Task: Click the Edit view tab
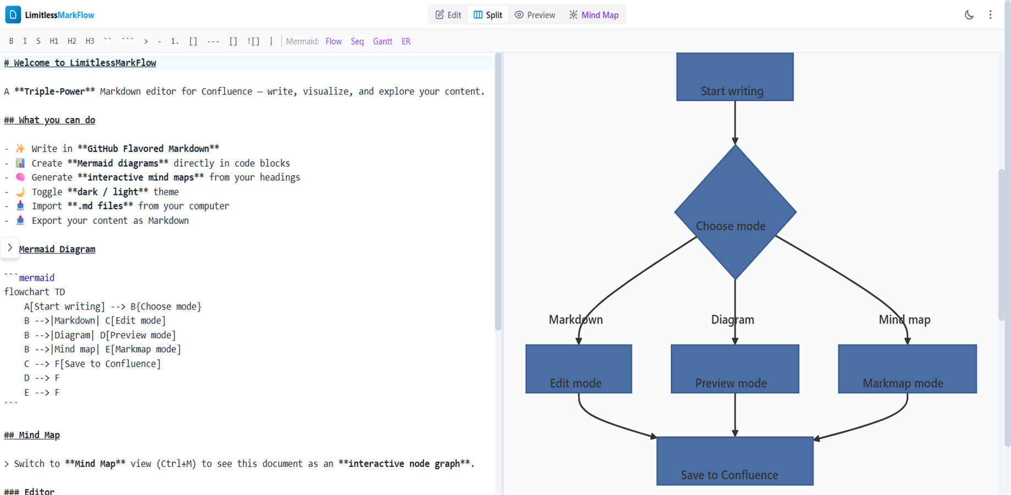pos(448,15)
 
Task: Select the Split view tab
pos(487,15)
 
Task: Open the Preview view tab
pos(535,15)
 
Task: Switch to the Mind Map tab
pos(593,15)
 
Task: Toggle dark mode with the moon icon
pos(969,15)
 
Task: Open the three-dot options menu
pos(990,15)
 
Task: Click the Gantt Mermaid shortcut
pos(382,41)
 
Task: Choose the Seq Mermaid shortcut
pos(357,41)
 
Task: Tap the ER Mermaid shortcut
pos(405,41)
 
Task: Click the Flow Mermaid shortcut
pos(333,41)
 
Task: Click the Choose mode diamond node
pos(735,212)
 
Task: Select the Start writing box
pos(735,77)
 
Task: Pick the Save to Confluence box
pos(735,461)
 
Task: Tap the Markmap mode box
pos(907,369)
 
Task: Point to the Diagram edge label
pos(732,320)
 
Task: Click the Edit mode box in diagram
pos(578,369)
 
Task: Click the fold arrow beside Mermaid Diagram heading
pos(10,248)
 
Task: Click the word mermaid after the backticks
pos(37,278)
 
